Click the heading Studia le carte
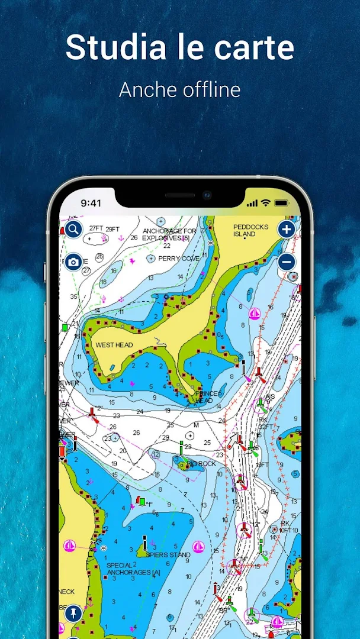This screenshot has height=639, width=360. coord(179,47)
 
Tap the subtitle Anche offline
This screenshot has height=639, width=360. coord(179,90)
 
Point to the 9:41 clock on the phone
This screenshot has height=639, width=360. coord(91,203)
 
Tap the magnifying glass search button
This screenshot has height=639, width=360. coord(73,229)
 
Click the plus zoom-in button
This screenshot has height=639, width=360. coord(287,229)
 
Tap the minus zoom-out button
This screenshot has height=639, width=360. coord(287,261)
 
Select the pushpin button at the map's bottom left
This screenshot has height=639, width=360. coord(73,614)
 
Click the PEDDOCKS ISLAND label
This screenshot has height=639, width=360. coord(250,230)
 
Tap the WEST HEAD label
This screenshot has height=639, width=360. coord(114,345)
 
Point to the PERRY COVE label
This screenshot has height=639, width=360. coord(178,259)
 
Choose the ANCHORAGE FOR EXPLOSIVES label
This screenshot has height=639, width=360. coord(169,234)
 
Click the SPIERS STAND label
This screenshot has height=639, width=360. coord(168,555)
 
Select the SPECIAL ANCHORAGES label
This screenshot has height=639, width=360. coord(133,569)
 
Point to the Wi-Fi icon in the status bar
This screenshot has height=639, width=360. coord(265,203)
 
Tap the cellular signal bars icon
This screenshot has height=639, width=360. coord(253,203)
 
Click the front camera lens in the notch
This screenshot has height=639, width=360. coord(207,194)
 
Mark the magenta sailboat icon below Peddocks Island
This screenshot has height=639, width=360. coord(255,313)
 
